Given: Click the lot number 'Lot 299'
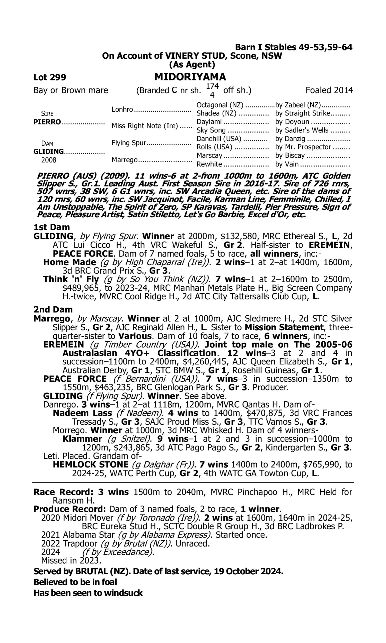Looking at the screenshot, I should point(50,77).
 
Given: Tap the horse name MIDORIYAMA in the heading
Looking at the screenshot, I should point(190,77).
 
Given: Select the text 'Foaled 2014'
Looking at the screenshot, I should point(329,90).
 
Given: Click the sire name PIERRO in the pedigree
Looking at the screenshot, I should point(47,122).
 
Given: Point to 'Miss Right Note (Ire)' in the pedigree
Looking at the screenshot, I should point(145,126).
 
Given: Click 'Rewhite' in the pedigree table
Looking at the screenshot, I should point(209,164).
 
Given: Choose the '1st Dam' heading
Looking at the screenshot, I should point(52,227).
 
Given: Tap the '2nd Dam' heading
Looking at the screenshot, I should point(53,310).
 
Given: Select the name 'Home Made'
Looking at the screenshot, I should point(69,262).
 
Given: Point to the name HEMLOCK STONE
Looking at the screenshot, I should point(91,465).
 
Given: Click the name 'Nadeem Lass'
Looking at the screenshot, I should point(82,413).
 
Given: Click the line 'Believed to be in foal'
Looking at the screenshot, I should point(75,582).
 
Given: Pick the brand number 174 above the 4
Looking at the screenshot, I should point(212,86).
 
